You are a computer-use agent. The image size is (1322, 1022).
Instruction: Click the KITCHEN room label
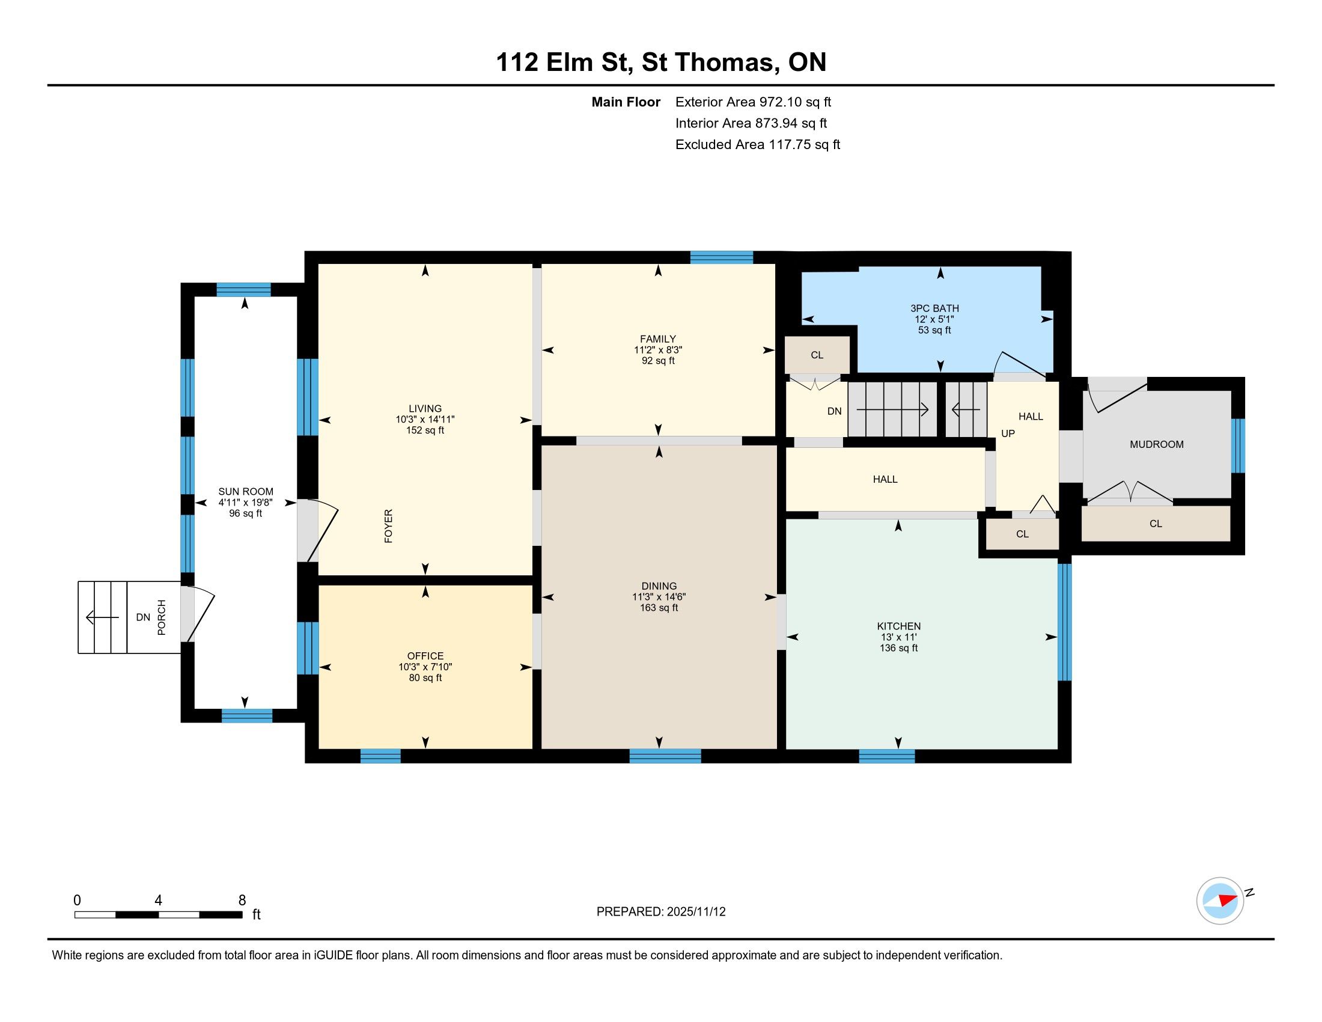coord(899,626)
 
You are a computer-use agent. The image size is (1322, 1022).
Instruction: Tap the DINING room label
coord(659,586)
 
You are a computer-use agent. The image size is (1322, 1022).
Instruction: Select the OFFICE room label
coord(425,656)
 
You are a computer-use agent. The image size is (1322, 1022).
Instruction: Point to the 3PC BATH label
coord(934,308)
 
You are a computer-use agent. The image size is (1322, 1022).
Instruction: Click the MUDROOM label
coord(1157,444)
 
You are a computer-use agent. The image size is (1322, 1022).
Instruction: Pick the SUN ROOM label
coord(246,492)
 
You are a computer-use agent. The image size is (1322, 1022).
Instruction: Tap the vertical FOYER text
coord(389,525)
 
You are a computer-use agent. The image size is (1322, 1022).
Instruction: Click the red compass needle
coord(1228,900)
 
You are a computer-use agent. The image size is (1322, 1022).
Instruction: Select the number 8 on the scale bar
coord(242,901)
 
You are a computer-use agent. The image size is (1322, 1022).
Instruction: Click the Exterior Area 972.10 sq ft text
coord(753,102)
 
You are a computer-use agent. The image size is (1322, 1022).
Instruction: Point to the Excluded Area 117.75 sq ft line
coord(758,144)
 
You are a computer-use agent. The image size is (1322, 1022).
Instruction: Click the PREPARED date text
coord(661,912)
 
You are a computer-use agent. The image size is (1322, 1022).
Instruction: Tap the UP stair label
coord(1008,433)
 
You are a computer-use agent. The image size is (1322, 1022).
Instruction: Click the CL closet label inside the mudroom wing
coord(1156,524)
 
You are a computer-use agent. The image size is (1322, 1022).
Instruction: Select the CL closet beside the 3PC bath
coord(817,355)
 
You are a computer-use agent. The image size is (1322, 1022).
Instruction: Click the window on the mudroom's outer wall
coord(1238,445)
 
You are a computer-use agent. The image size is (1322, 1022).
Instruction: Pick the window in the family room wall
coord(722,257)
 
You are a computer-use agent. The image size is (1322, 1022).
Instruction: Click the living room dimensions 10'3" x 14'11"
coord(425,419)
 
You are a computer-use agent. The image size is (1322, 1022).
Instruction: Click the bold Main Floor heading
coord(626,102)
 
